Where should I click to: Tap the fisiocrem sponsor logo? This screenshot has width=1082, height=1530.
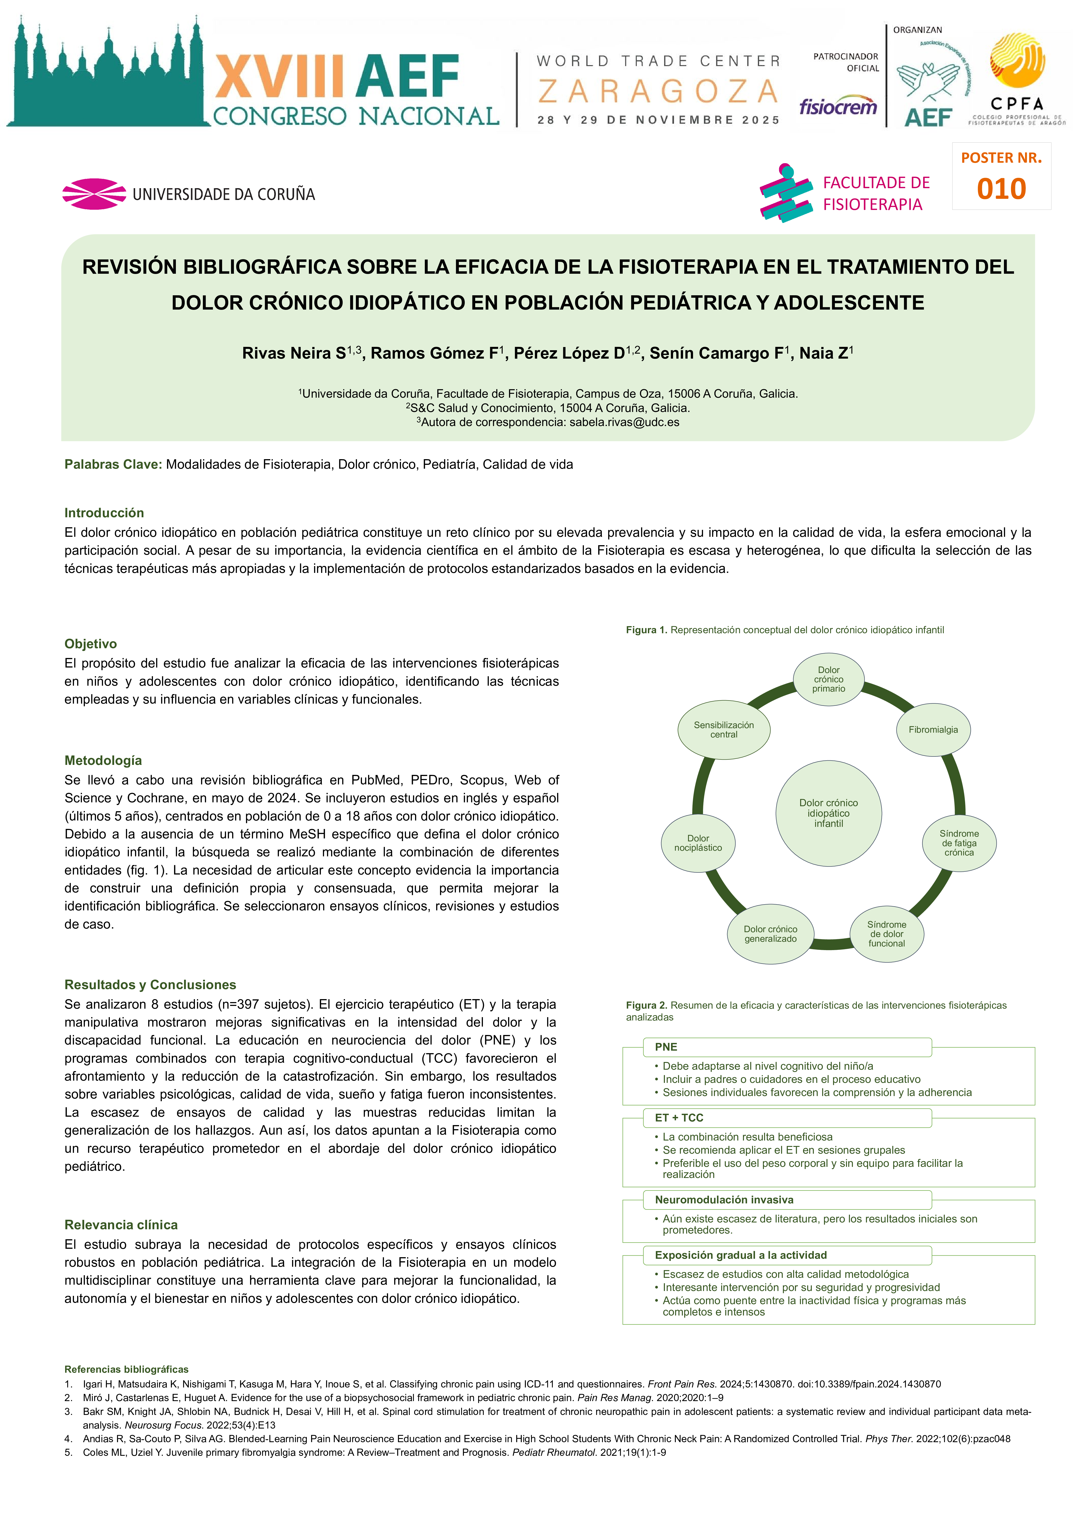point(838,107)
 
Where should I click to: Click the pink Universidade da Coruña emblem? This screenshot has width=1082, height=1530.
point(94,194)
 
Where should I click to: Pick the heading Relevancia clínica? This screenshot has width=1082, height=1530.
point(121,1225)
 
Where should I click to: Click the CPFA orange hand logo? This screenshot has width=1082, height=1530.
point(1017,61)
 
